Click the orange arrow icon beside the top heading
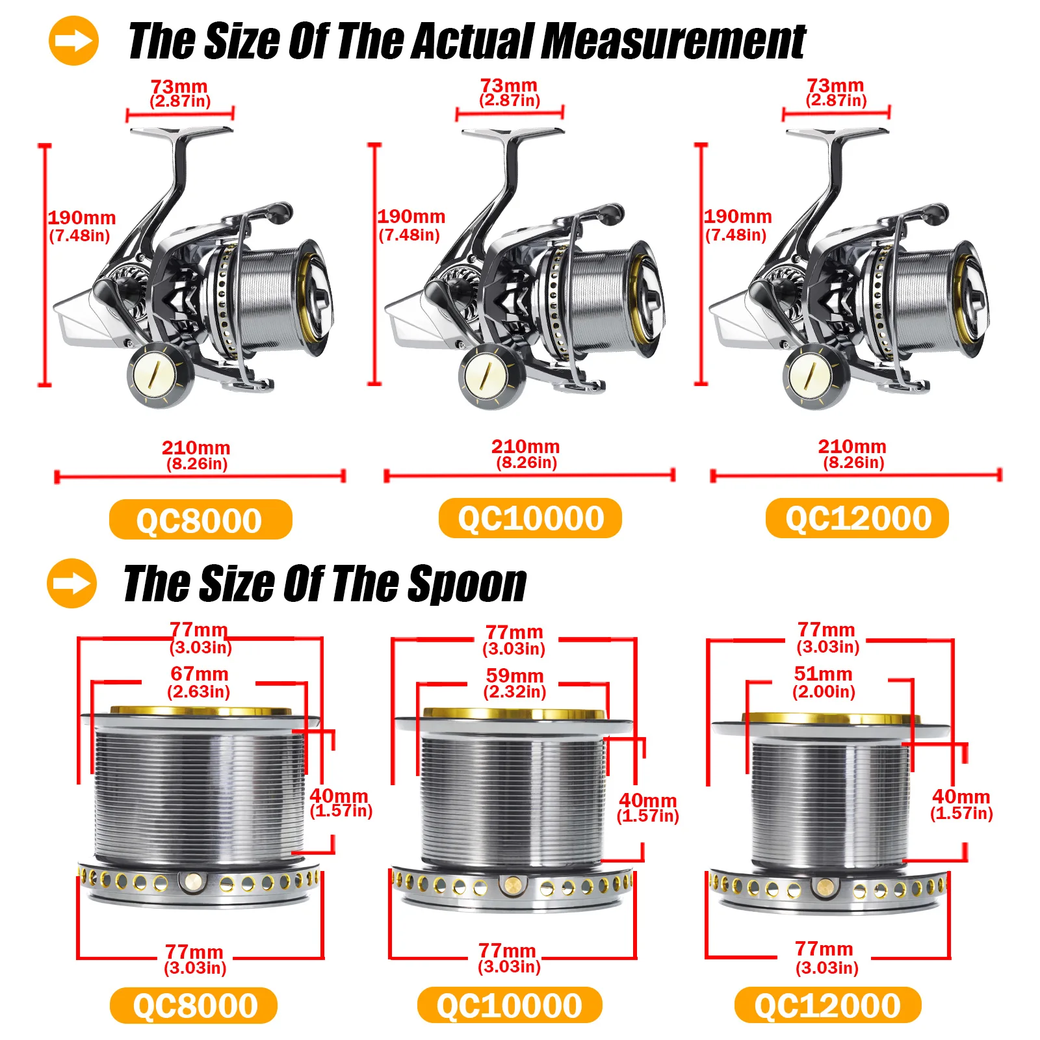pos(73,41)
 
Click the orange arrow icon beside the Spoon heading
pos(71,583)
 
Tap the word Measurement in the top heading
pos(673,41)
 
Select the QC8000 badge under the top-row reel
pos(200,519)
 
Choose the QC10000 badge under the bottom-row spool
pos(510,1005)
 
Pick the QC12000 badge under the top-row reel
pos(857,518)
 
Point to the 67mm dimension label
pos(199,682)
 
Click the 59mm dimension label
pos(515,683)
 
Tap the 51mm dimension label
pos(824,682)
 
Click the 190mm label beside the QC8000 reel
pos(81,226)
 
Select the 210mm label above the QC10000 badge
pos(526,454)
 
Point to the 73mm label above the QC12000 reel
pos(836,92)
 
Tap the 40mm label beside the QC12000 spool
pos(961,804)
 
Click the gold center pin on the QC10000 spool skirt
pos(513,885)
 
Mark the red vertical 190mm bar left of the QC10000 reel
pos(375,264)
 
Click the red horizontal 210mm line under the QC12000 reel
pos(856,476)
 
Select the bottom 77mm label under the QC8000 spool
pos(195,959)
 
